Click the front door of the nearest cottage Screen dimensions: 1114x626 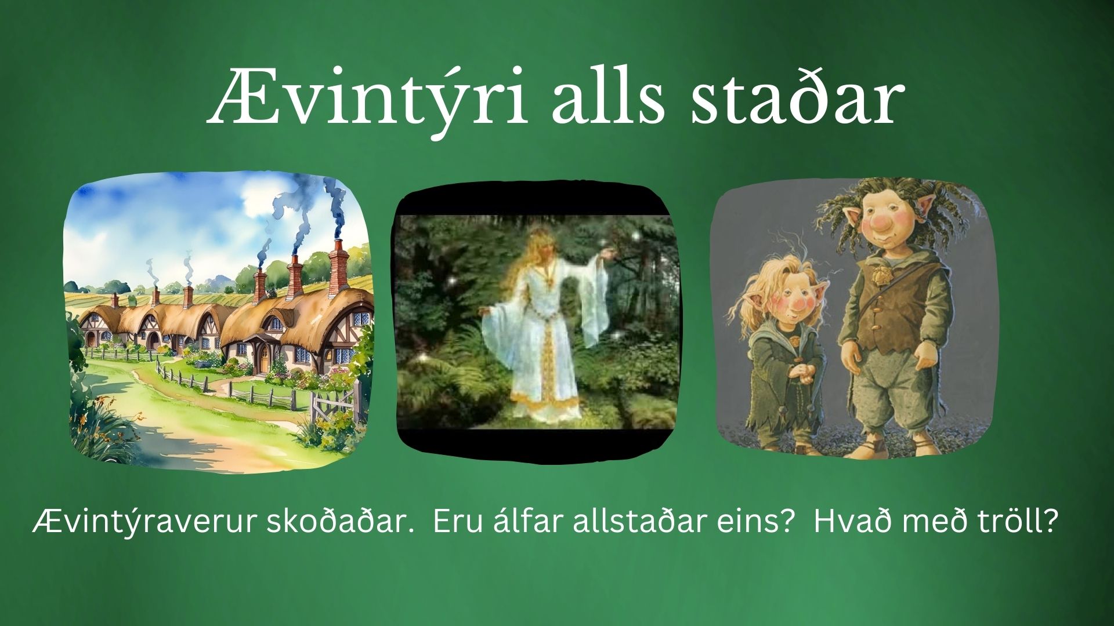click(265, 356)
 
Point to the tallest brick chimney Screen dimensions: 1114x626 click(338, 272)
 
